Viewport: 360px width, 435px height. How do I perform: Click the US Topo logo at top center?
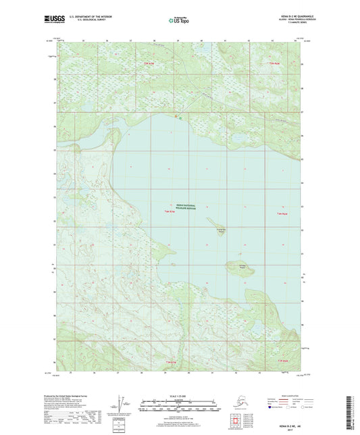(x=179, y=21)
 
